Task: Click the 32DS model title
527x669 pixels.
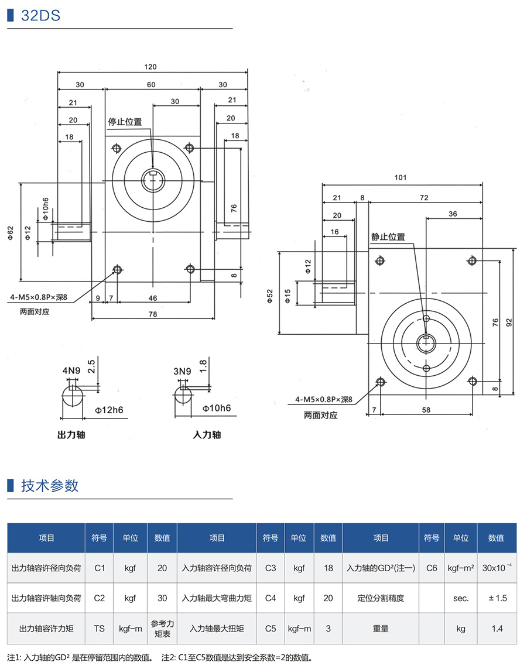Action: (x=40, y=15)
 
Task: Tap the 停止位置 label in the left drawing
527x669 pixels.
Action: (x=125, y=122)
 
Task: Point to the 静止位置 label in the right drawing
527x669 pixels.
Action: (x=388, y=237)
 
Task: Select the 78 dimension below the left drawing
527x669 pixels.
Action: (x=152, y=314)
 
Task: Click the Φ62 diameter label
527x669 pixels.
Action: (x=11, y=232)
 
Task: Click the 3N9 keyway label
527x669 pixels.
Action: (x=182, y=370)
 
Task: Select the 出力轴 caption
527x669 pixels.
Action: (x=71, y=435)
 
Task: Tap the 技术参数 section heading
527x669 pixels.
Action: (x=50, y=486)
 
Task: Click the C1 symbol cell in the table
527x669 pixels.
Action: (x=99, y=568)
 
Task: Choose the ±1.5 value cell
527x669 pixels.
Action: (x=497, y=598)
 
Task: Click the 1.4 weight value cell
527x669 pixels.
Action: (x=497, y=629)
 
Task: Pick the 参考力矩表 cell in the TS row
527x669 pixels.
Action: (x=162, y=629)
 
